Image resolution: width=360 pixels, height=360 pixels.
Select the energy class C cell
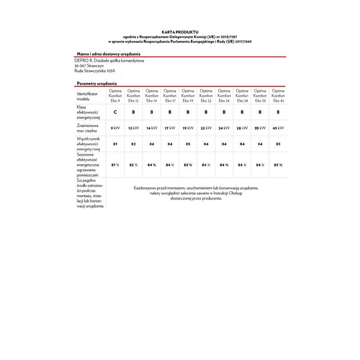pyautogui.click(x=115, y=112)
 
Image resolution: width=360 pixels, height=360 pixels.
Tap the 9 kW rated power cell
pyautogui.click(x=115, y=128)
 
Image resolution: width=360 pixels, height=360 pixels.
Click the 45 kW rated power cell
pyautogui.click(x=278, y=128)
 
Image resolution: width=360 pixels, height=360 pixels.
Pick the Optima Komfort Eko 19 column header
pyautogui.click(x=188, y=95)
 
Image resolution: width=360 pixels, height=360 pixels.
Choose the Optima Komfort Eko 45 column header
pyautogui.click(x=278, y=95)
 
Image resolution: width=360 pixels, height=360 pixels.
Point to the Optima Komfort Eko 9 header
pyautogui.click(x=115, y=95)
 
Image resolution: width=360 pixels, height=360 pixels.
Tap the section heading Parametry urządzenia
pyautogui.click(x=97, y=84)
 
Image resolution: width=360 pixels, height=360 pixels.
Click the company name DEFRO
pyautogui.click(x=80, y=60)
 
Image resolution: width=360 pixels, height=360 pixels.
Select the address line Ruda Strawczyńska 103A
pyautogui.click(x=94, y=71)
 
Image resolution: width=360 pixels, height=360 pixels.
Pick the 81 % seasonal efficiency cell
pyautogui.click(x=115, y=165)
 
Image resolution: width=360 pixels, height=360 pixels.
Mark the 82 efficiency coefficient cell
pyautogui.click(x=133, y=144)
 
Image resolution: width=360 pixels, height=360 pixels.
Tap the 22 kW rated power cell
pyautogui.click(x=206, y=128)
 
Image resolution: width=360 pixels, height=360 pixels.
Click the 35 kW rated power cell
pyautogui.click(x=260, y=128)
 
